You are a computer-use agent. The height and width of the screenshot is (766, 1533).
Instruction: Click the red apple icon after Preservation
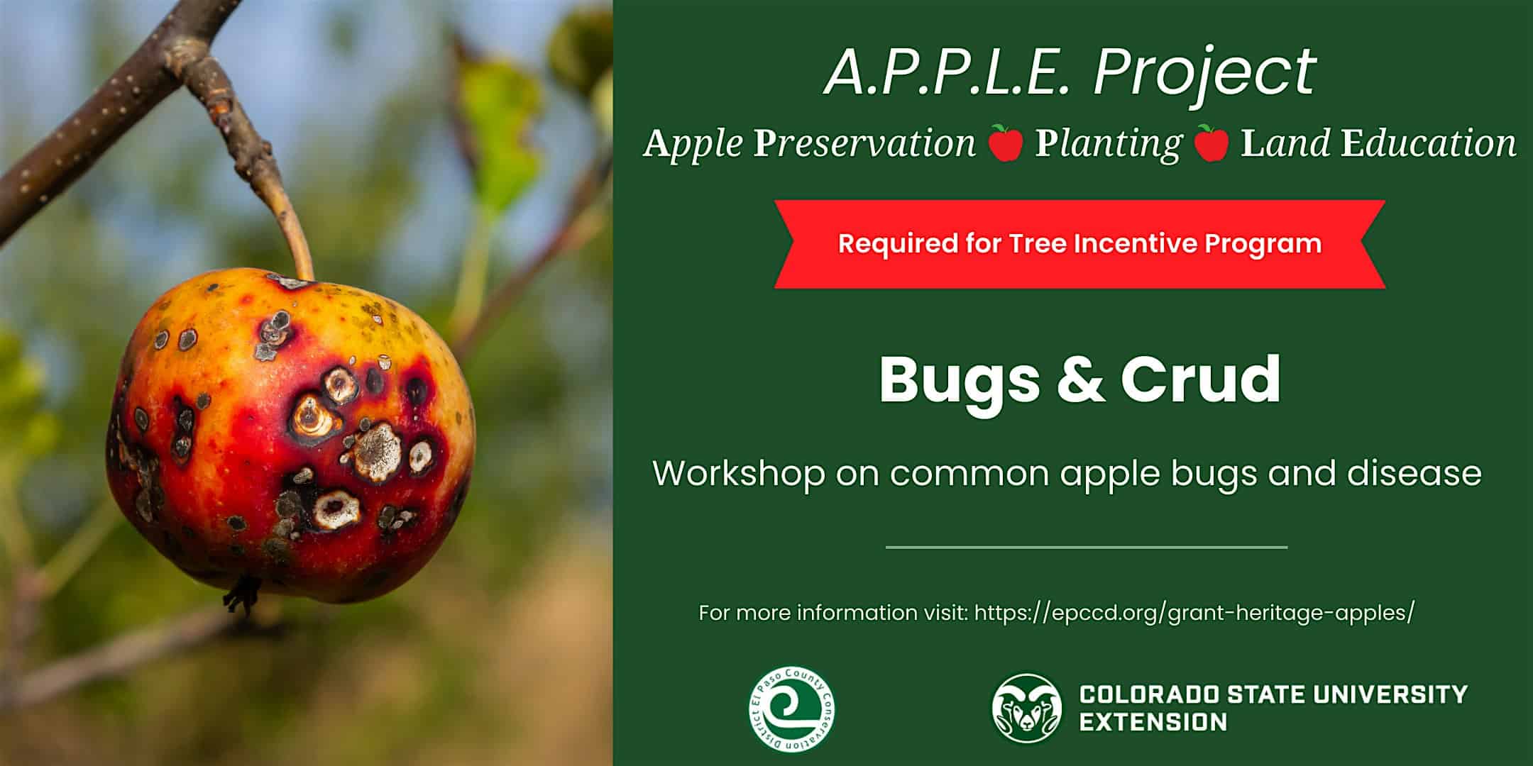1006,143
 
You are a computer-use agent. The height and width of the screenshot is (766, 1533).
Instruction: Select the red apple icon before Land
1211,143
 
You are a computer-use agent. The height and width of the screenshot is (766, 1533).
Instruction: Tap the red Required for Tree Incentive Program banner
1079,244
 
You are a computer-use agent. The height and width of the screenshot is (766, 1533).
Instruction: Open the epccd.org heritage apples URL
1194,613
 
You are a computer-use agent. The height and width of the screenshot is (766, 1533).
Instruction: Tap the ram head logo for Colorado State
1027,708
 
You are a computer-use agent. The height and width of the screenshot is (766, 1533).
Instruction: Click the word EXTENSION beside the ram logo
1153,723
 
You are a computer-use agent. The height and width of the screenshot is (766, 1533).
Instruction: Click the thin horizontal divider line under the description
1087,547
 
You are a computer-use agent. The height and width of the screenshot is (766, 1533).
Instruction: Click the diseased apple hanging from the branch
290,435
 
